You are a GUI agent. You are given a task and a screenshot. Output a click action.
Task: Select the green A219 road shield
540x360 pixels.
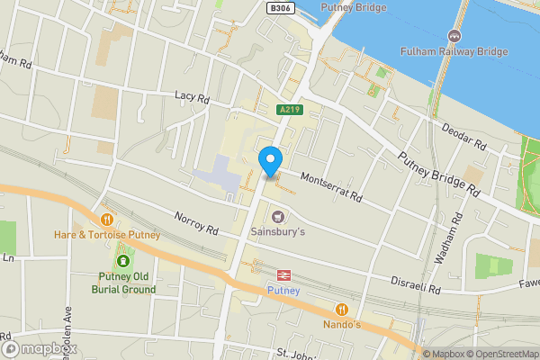point(289,110)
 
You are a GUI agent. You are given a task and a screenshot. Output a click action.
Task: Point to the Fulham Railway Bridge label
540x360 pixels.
point(455,51)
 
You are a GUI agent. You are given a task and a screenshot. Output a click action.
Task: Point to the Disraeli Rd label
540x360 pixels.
point(416,284)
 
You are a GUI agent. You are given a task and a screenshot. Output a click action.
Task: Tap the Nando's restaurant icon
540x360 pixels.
point(341,308)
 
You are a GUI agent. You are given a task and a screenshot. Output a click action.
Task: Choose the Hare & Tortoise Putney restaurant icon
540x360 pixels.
point(107,220)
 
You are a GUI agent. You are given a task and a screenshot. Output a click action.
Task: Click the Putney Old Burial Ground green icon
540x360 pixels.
point(122,262)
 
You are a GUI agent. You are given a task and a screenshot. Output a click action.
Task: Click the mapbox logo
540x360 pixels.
point(40,348)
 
